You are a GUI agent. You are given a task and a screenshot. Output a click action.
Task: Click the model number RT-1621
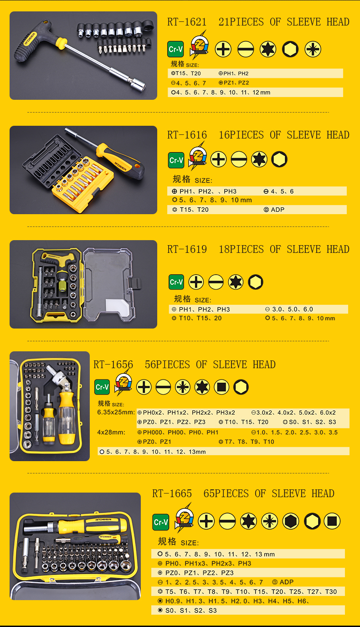point(187,22)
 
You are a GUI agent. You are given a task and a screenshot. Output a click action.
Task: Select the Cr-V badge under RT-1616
point(176,160)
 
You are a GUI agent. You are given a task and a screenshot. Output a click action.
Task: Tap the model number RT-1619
point(187,249)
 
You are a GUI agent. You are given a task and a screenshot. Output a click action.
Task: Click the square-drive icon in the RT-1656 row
point(221,387)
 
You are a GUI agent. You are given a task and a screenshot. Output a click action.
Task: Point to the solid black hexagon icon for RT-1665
point(291,521)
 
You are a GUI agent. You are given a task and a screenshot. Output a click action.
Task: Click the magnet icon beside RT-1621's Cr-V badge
point(199,46)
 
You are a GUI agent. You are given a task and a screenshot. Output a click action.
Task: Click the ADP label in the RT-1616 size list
point(278,210)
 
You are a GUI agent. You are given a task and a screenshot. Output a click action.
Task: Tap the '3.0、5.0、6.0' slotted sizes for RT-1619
point(293,309)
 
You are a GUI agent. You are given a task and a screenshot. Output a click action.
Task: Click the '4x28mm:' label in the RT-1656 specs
point(111,432)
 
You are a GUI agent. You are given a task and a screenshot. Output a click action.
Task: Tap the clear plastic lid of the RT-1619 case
point(109,284)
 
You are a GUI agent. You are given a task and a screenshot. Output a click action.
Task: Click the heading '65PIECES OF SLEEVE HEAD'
point(269,493)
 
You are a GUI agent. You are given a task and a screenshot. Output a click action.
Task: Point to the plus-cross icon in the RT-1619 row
point(196,282)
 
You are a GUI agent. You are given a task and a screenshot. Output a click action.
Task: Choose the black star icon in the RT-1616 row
point(259,159)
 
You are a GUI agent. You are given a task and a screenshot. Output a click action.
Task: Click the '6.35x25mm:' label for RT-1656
point(116,412)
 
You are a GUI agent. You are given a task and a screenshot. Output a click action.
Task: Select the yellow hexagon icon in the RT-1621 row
point(290,49)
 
